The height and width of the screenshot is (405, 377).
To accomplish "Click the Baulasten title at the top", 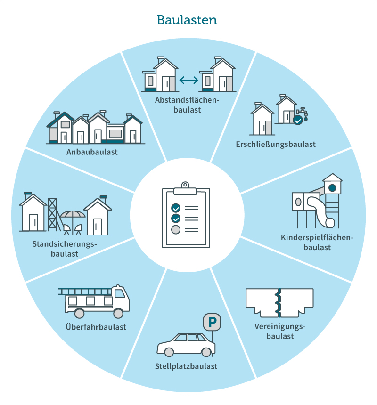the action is click(187, 20).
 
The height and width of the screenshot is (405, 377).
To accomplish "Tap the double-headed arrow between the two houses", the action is click(188, 81).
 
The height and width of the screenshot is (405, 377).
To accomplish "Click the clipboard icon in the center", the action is click(186, 215).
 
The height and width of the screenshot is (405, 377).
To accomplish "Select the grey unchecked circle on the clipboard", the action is click(176, 230).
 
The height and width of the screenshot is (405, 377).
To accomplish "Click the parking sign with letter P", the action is click(212, 322).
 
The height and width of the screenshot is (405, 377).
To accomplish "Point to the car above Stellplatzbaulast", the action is click(186, 345).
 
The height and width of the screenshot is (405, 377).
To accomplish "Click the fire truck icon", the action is click(94, 301).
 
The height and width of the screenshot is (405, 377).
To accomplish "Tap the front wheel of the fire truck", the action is click(118, 314).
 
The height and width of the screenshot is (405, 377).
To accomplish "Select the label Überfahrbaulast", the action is click(96, 327).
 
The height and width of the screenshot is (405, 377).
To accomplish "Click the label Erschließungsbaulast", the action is click(276, 144).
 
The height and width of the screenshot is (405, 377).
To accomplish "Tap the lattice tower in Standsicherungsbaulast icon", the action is click(53, 214).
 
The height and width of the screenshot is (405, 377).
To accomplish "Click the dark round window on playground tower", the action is click(332, 188).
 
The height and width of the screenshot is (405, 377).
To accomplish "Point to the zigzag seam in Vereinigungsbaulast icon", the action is click(279, 303).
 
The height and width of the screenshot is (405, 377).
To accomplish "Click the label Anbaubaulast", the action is click(92, 152).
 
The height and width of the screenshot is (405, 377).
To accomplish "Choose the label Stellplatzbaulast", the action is click(186, 366).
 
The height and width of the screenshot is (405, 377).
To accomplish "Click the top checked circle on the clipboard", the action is click(176, 208).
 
